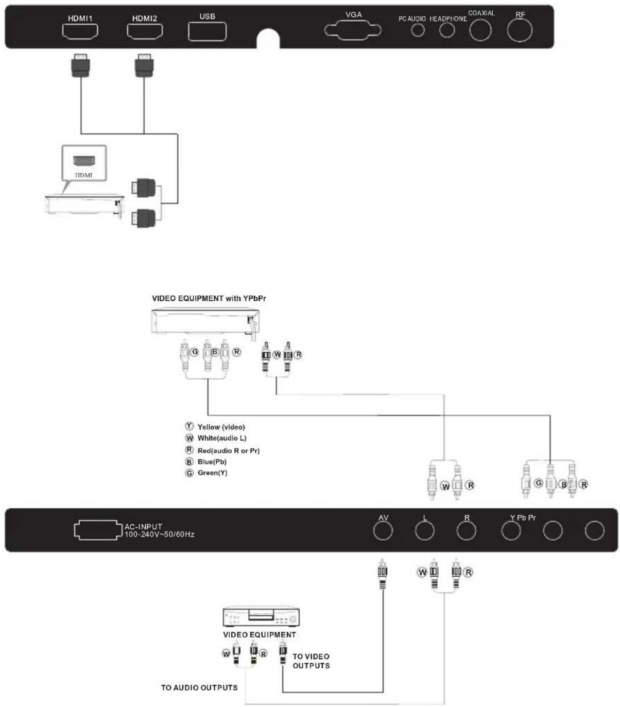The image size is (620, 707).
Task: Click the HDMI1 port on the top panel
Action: pos(80,31)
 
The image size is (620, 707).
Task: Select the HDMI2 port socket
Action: pos(145,31)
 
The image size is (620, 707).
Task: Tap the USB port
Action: pos(208,31)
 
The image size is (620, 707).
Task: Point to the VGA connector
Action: pos(353,30)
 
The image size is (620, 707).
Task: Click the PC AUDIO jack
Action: pos(418,30)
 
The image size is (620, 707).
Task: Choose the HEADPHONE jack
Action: pos(447,30)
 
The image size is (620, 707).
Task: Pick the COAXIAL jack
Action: pos(480,30)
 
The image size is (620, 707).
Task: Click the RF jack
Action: pos(520,30)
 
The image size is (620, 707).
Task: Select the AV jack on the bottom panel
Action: pos(383,530)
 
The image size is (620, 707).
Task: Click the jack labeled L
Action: pos(424,530)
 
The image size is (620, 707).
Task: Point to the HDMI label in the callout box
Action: pos(84,175)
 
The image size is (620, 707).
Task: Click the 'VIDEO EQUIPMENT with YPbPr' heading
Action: pos(209,298)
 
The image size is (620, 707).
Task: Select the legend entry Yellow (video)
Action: pos(215,426)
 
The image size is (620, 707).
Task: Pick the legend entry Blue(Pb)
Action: pos(206,462)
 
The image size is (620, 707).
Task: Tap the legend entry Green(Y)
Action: pos(206,473)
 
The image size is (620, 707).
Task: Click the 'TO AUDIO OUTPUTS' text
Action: pos(199,687)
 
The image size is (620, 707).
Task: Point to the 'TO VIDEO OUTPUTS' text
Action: pos(311,661)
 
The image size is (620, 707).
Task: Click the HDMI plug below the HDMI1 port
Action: pos(81,65)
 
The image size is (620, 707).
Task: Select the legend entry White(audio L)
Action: pos(216,438)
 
